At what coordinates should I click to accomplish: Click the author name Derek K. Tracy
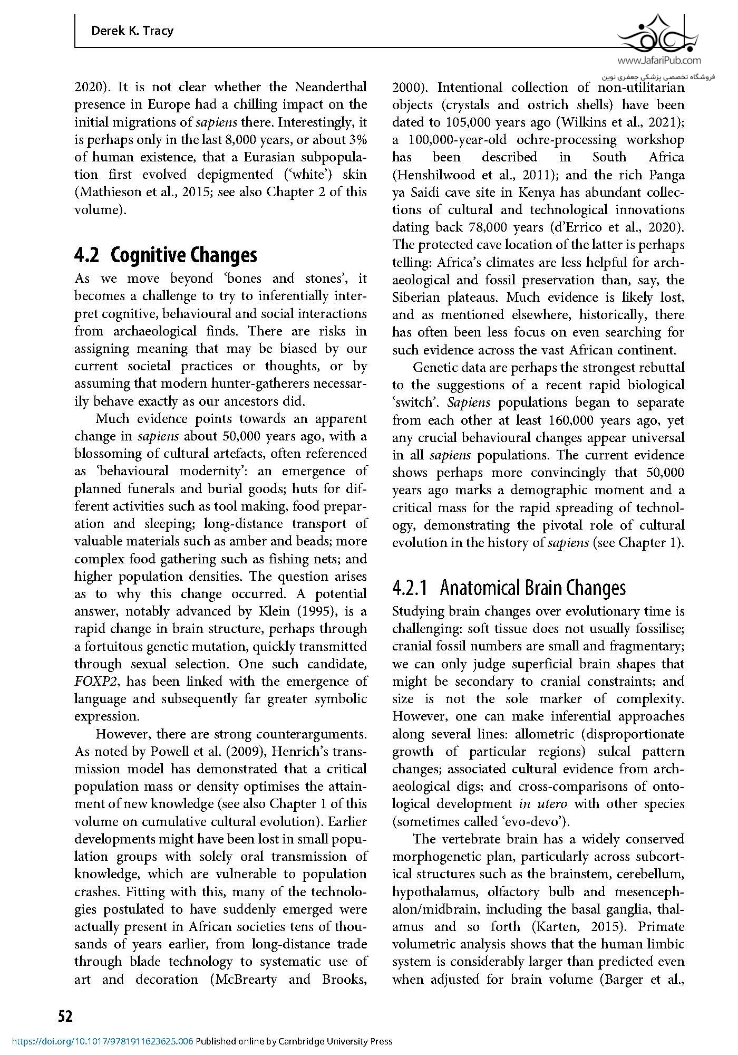pyautogui.click(x=132, y=31)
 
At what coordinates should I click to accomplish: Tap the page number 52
pyautogui.click(x=65, y=1016)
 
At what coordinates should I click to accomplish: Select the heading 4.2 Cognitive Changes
pyautogui.click(x=166, y=255)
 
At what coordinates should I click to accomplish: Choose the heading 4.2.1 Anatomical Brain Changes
pyautogui.click(x=509, y=588)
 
